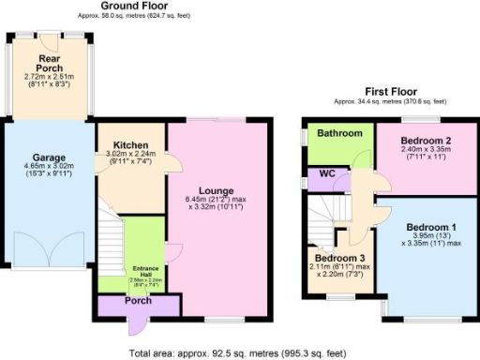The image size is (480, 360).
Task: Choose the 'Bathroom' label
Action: tap(339, 134)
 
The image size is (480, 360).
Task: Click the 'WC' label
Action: tap(327, 174)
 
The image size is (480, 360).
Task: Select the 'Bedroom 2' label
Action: tap(413, 138)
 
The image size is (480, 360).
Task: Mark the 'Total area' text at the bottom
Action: tap(240, 353)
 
